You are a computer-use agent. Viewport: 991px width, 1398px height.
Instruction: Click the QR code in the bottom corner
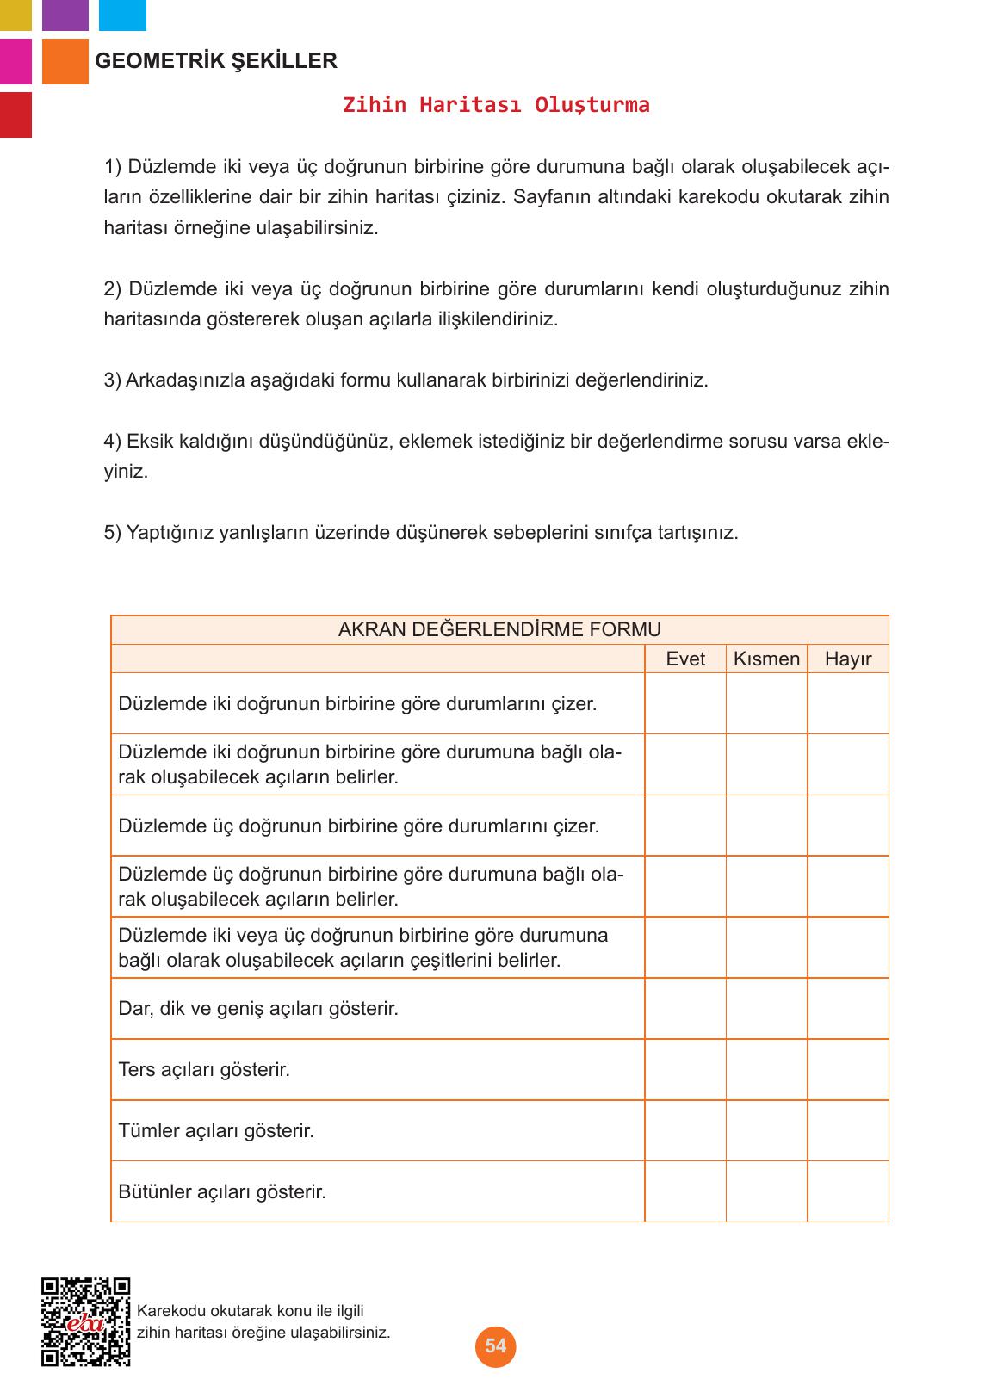85,1322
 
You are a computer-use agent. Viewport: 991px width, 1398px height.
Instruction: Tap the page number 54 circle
495,1345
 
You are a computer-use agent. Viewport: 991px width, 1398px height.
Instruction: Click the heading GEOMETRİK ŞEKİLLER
216,61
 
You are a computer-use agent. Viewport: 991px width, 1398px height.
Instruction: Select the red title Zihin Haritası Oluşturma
496,105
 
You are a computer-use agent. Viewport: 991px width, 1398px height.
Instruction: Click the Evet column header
685,659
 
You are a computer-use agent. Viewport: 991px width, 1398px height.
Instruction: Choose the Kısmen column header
766,659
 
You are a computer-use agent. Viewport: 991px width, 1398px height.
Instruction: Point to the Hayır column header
848,659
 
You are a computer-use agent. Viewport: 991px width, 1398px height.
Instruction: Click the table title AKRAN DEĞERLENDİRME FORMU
499,629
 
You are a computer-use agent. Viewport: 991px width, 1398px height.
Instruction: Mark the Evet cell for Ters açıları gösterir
685,1069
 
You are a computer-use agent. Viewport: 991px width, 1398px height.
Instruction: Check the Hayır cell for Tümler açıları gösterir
848,1130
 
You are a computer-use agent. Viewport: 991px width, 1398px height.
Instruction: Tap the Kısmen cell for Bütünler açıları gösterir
766,1191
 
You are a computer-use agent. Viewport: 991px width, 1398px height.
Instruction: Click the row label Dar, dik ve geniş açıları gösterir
258,1008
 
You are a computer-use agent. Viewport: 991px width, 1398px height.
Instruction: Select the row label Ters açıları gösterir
204,1069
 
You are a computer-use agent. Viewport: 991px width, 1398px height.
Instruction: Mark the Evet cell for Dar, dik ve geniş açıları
685,1008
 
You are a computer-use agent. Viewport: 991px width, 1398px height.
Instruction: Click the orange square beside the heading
65,61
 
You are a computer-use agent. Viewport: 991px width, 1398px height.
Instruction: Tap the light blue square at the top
122,15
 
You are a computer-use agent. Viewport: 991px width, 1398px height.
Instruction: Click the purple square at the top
65,15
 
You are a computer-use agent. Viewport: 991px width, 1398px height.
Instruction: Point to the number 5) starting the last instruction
113,533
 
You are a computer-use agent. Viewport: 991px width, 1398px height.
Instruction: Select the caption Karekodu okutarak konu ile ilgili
251,1311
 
